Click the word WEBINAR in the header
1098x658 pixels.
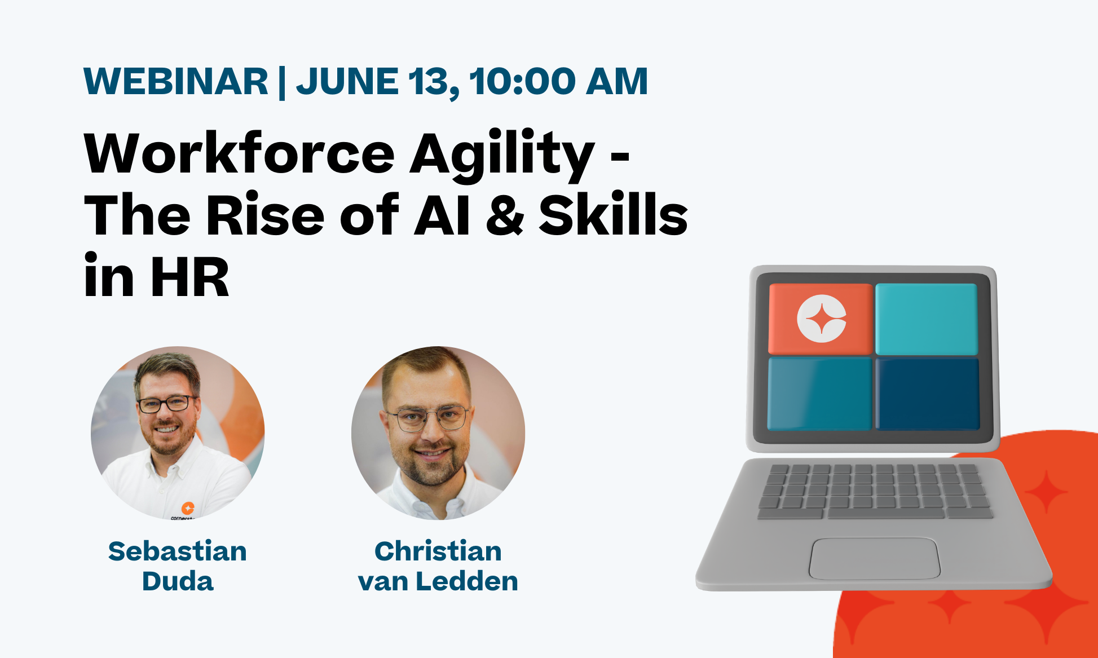pos(175,82)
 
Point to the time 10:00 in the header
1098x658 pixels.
pos(522,82)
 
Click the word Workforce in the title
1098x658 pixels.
pos(239,154)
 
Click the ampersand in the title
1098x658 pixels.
pos(505,215)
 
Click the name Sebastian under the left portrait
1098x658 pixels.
pos(178,551)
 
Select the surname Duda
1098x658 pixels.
pos(178,581)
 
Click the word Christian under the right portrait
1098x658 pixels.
pos(438,551)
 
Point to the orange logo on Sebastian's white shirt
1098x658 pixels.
pos(188,507)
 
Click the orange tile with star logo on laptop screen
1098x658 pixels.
pos(821,319)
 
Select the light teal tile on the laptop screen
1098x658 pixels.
pos(926,319)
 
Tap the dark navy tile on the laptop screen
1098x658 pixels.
pos(927,394)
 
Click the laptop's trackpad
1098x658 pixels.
pos(874,558)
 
